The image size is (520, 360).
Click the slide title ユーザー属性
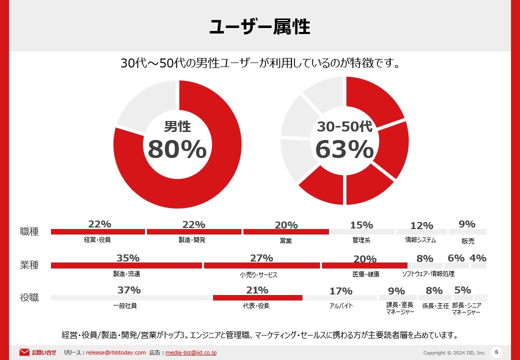point(259,27)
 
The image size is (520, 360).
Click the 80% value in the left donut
point(177,149)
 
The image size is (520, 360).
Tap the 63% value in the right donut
point(344,149)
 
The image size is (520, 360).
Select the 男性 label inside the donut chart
point(177,126)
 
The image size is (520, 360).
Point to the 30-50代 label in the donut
point(344,126)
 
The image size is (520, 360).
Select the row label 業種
point(29,265)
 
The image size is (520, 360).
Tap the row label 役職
point(29,297)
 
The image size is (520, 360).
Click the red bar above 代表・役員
point(257,298)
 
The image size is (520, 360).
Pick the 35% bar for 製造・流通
point(126,265)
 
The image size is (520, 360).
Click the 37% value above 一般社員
point(129,290)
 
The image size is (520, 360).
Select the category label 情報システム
point(420,240)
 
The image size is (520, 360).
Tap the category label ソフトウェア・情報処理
point(428,274)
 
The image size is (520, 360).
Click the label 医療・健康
point(365,274)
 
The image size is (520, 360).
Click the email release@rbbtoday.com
point(116,352)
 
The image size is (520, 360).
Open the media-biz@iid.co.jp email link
point(190,352)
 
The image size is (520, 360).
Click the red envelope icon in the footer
point(24,352)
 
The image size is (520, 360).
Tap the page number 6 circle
point(496,351)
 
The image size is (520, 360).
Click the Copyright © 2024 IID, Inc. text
point(454,352)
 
